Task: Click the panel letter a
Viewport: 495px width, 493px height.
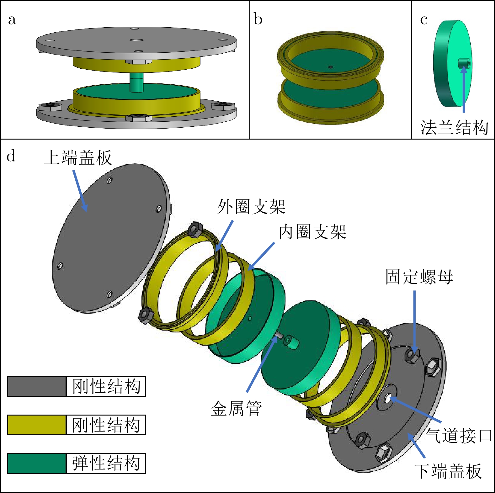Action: (12, 20)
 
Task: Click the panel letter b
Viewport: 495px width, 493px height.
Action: (258, 19)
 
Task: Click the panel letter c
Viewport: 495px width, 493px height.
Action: (423, 20)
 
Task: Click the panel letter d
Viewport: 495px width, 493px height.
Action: (11, 156)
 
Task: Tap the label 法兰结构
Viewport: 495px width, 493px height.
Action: (454, 128)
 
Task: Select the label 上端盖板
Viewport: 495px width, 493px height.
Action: (78, 157)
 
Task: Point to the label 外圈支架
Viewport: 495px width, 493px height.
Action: (251, 207)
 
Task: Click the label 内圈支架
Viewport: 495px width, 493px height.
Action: (312, 232)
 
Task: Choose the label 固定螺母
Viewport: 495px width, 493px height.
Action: (419, 277)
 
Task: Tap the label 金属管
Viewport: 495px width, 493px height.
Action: (236, 408)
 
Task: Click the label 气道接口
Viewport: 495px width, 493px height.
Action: (459, 436)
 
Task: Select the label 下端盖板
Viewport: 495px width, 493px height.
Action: (448, 471)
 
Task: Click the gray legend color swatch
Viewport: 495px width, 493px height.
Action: (37, 386)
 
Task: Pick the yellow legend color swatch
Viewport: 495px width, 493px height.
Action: (37, 425)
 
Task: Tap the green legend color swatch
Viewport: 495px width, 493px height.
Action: (37, 463)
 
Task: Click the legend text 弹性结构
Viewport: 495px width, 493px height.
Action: (106, 463)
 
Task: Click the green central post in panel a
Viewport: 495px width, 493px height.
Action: (136, 82)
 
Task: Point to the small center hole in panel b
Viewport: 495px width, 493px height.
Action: (330, 67)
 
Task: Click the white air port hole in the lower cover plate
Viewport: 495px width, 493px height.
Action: (388, 399)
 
